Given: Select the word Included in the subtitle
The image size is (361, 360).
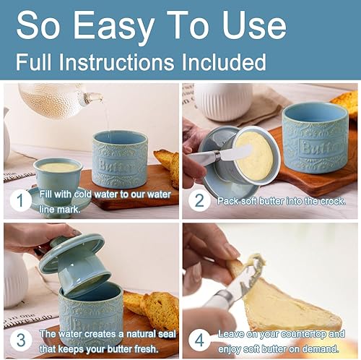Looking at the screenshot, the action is pyautogui.click(x=224, y=62).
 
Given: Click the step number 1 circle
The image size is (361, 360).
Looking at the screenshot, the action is pyautogui.click(x=20, y=200).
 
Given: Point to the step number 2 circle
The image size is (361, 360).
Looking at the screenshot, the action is pyautogui.click(x=199, y=200).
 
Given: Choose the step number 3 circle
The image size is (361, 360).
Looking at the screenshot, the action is pyautogui.click(x=20, y=340).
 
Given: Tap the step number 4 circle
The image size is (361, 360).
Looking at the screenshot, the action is pyautogui.click(x=199, y=340).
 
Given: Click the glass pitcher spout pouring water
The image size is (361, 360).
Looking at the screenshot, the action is pyautogui.click(x=92, y=98).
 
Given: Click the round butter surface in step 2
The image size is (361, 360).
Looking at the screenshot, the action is pyautogui.click(x=254, y=155).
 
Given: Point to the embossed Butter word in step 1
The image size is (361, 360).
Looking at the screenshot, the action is pyautogui.click(x=117, y=166).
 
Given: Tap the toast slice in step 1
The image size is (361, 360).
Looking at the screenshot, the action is pyautogui.click(x=168, y=166).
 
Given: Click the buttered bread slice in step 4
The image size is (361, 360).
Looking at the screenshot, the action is pyautogui.click(x=291, y=306).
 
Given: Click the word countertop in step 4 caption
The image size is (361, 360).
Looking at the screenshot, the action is pyautogui.click(x=305, y=335).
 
